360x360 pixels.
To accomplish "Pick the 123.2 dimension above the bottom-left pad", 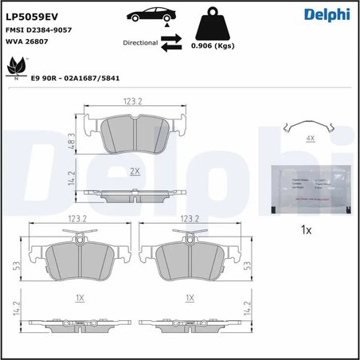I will tap(79, 217).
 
